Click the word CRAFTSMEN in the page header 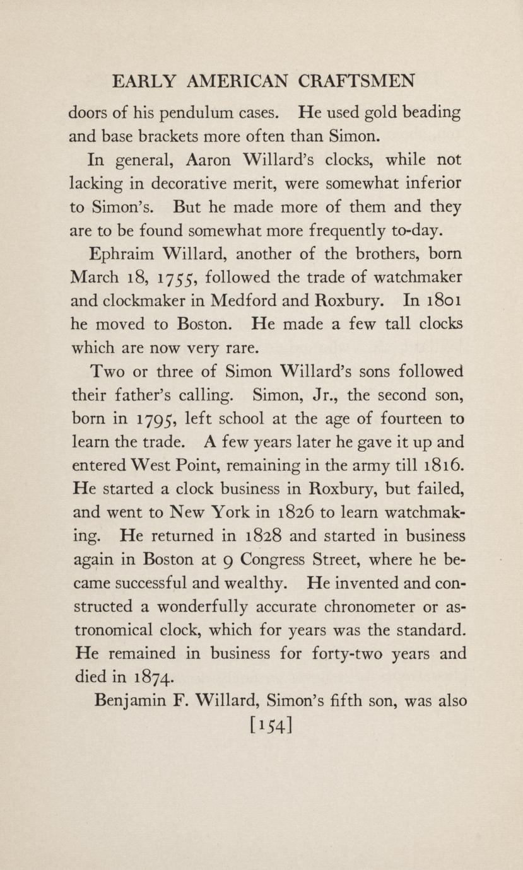[356, 82]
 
